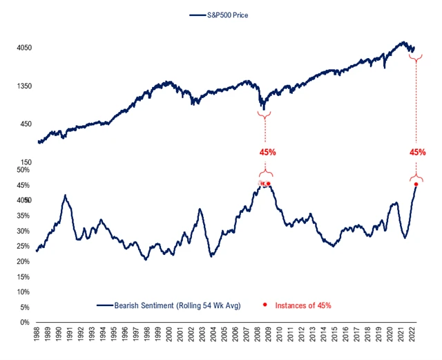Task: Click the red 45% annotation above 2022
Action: [418, 152]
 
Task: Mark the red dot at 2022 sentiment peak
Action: [416, 184]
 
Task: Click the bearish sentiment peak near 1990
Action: [64, 196]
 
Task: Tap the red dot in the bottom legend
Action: [265, 305]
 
